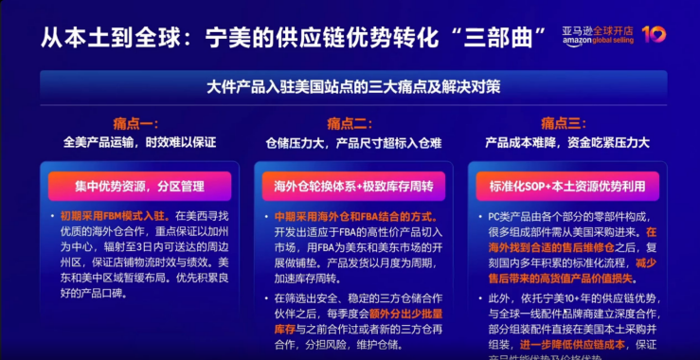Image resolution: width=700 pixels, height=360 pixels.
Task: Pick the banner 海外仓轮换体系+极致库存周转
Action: pyautogui.click(x=349, y=187)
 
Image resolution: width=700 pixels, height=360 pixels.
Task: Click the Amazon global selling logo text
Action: pyautogui.click(x=598, y=35)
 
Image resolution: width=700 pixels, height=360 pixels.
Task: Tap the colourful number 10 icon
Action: pyautogui.click(x=653, y=35)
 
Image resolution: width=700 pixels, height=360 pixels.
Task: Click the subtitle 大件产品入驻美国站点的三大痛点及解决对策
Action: pyautogui.click(x=349, y=86)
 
